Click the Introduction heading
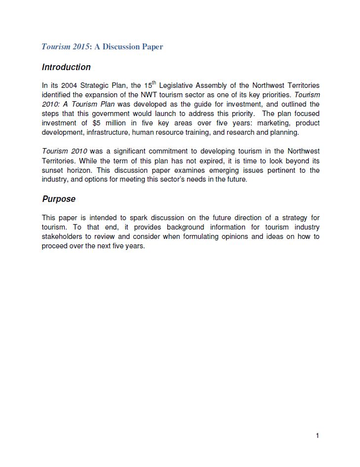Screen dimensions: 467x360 pos(66,67)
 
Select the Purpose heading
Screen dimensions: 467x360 pos(59,199)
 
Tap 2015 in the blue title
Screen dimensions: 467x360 pos(80,47)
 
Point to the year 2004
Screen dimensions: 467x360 pos(69,85)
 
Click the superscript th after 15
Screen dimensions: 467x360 pos(154,82)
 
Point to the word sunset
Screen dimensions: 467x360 pos(53,170)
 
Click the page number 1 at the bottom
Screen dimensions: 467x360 pos(318,435)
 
